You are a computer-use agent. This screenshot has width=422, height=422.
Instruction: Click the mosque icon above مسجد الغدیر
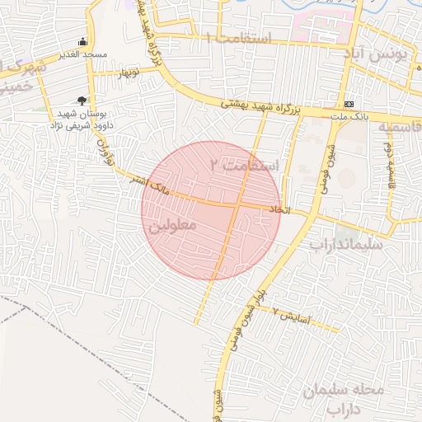pos(82,41)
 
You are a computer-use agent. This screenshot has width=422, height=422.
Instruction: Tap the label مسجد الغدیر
pos(82,54)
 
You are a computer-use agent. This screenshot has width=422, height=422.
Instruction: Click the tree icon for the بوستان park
pos(80,100)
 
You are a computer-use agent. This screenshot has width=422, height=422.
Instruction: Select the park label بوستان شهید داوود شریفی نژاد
pos(79,120)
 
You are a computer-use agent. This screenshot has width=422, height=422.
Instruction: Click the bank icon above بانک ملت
pos(349,105)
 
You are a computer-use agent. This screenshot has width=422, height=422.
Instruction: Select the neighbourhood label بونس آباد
pos(379,56)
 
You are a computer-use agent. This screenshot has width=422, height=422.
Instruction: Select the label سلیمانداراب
pos(347,245)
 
